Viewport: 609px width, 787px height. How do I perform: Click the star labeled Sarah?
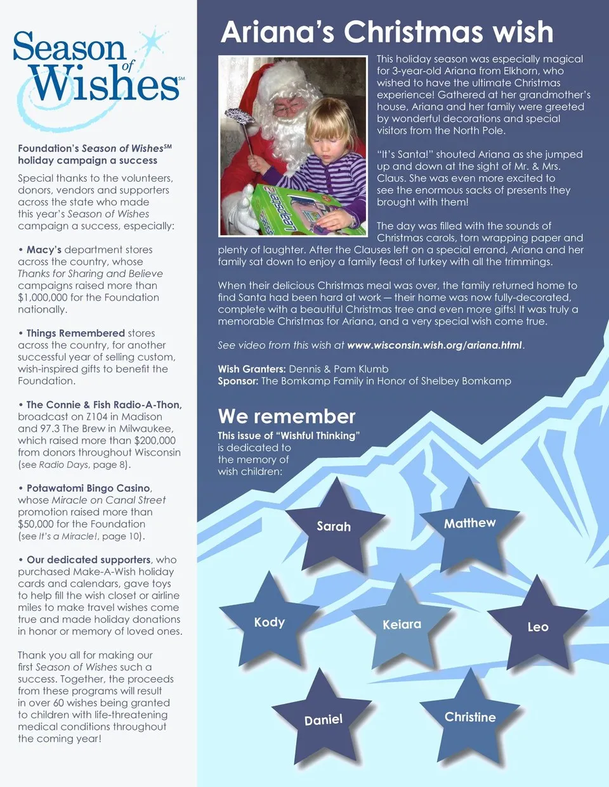click(x=334, y=527)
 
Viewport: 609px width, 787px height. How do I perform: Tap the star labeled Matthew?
click(x=469, y=523)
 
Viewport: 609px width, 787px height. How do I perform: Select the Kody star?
click(x=270, y=622)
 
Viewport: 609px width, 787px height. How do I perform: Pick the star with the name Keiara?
click(x=402, y=625)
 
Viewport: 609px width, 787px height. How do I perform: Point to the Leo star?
click(x=538, y=627)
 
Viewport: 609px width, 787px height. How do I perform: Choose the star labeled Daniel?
click(x=324, y=720)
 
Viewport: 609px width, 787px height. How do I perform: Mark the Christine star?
click(x=470, y=717)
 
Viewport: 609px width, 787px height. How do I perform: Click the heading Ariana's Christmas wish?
click(x=387, y=32)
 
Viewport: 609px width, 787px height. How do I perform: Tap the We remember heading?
click(x=287, y=416)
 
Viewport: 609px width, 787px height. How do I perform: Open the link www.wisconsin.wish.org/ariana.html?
click(x=435, y=345)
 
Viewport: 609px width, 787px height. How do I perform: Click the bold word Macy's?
click(x=44, y=250)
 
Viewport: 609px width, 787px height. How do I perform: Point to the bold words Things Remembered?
click(x=75, y=333)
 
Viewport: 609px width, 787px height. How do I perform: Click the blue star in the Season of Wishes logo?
click(x=152, y=43)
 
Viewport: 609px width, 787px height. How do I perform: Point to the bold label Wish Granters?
click(x=252, y=369)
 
